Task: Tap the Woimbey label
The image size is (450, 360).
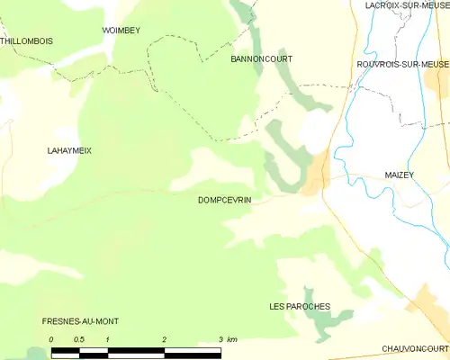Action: point(121,31)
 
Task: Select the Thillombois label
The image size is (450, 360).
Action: point(26,41)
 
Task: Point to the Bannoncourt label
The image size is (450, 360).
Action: point(261,58)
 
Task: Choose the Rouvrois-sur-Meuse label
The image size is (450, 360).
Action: point(402,64)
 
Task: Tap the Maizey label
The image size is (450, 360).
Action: point(399,175)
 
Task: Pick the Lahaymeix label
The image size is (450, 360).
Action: point(69,151)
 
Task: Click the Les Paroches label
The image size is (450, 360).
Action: point(300,307)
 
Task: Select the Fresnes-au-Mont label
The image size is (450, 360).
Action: point(80,321)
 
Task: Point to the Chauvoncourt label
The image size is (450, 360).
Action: point(415,348)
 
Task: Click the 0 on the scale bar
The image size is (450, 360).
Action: point(52,339)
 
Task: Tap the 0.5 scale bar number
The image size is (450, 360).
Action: point(79,339)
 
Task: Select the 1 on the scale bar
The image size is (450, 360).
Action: point(108,339)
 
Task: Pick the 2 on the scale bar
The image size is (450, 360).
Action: point(165,339)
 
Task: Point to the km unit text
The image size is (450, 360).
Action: point(232,339)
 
